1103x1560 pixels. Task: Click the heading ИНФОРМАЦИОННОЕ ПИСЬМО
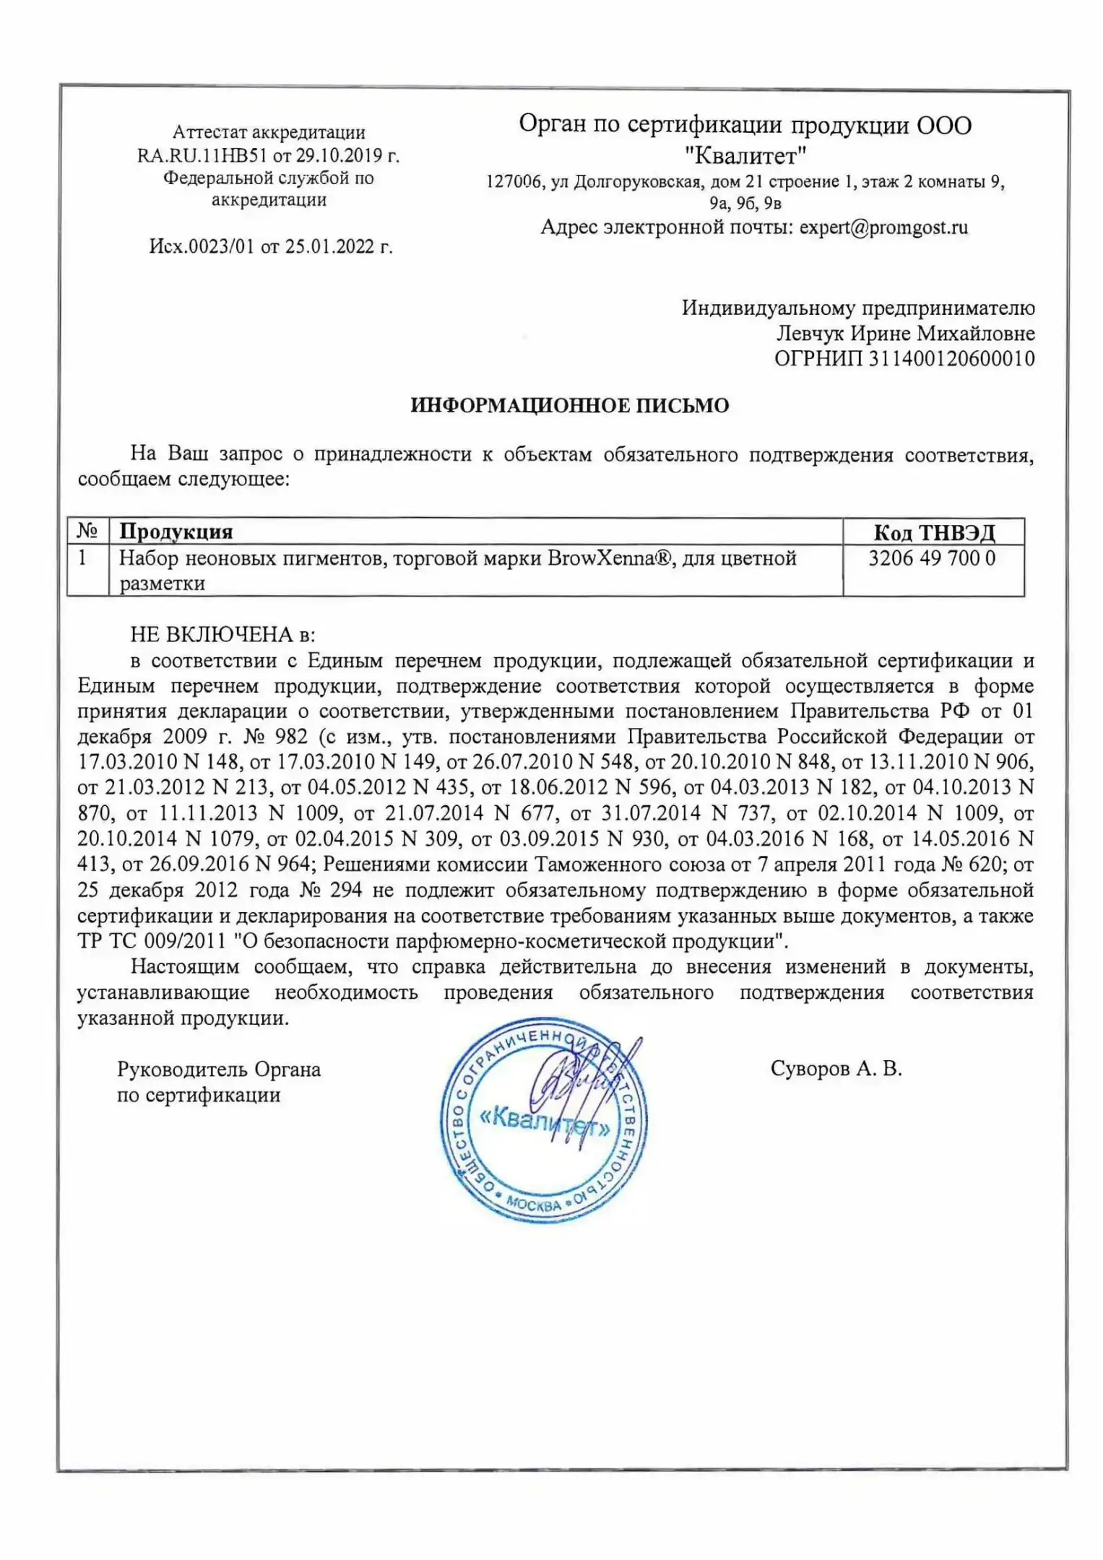pyautogui.click(x=569, y=405)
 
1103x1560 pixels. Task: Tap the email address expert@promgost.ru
pyautogui.click(x=883, y=227)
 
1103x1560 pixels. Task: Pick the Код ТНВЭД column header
pyautogui.click(x=933, y=532)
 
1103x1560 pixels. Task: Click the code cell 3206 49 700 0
pyautogui.click(x=932, y=558)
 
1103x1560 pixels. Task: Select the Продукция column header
pyautogui.click(x=176, y=532)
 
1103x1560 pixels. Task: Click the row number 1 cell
pyautogui.click(x=84, y=558)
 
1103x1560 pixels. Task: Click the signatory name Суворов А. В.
pyautogui.click(x=836, y=1069)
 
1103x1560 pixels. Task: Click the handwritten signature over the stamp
pyautogui.click(x=571, y=1083)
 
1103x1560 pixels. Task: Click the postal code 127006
pyautogui.click(x=514, y=182)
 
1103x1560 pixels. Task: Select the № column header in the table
pyautogui.click(x=87, y=532)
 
